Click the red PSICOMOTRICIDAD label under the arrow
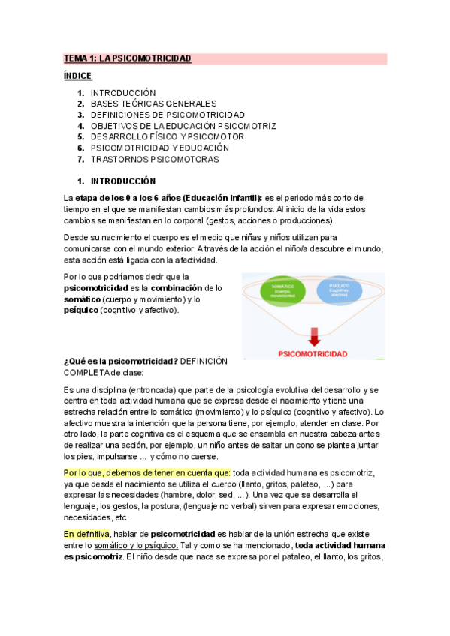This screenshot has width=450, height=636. pos(313,352)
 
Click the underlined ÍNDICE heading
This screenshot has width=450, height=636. pos(77,76)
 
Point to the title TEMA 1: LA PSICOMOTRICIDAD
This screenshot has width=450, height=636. pos(128,58)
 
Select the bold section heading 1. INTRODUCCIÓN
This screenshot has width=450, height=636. pos(122,181)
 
